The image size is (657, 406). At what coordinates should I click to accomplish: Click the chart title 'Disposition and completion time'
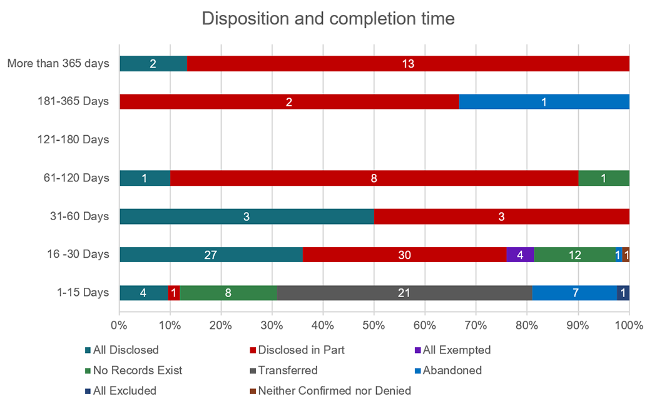pyautogui.click(x=328, y=19)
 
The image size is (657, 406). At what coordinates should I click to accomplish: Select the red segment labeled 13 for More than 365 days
pyautogui.click(x=408, y=63)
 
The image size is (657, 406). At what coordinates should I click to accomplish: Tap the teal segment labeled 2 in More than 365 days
pyautogui.click(x=153, y=63)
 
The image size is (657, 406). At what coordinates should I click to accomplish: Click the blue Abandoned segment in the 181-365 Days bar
pyautogui.click(x=544, y=102)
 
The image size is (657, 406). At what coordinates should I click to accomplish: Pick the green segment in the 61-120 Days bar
pyautogui.click(x=603, y=178)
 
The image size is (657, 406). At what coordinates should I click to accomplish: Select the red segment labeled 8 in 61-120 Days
pyautogui.click(x=374, y=178)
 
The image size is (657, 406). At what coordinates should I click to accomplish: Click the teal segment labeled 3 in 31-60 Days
pyautogui.click(x=247, y=216)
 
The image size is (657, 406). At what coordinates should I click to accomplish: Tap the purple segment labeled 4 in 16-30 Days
pyautogui.click(x=520, y=255)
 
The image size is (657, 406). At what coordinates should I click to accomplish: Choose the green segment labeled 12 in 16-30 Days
pyautogui.click(x=574, y=255)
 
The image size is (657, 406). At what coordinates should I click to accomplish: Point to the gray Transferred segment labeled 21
pyautogui.click(x=404, y=293)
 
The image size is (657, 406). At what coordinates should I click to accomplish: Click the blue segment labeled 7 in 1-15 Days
pyautogui.click(x=574, y=293)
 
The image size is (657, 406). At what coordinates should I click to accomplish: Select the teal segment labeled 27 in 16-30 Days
pyautogui.click(x=211, y=255)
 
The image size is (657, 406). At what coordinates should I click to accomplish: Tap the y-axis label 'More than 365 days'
pyautogui.click(x=58, y=63)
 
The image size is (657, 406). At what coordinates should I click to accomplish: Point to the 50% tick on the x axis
pyautogui.click(x=374, y=325)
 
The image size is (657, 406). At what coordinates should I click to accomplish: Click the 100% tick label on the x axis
pyautogui.click(x=628, y=325)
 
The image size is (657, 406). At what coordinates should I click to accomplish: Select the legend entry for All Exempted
pyautogui.click(x=456, y=350)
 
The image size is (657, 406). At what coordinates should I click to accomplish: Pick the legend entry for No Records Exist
pyautogui.click(x=136, y=370)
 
